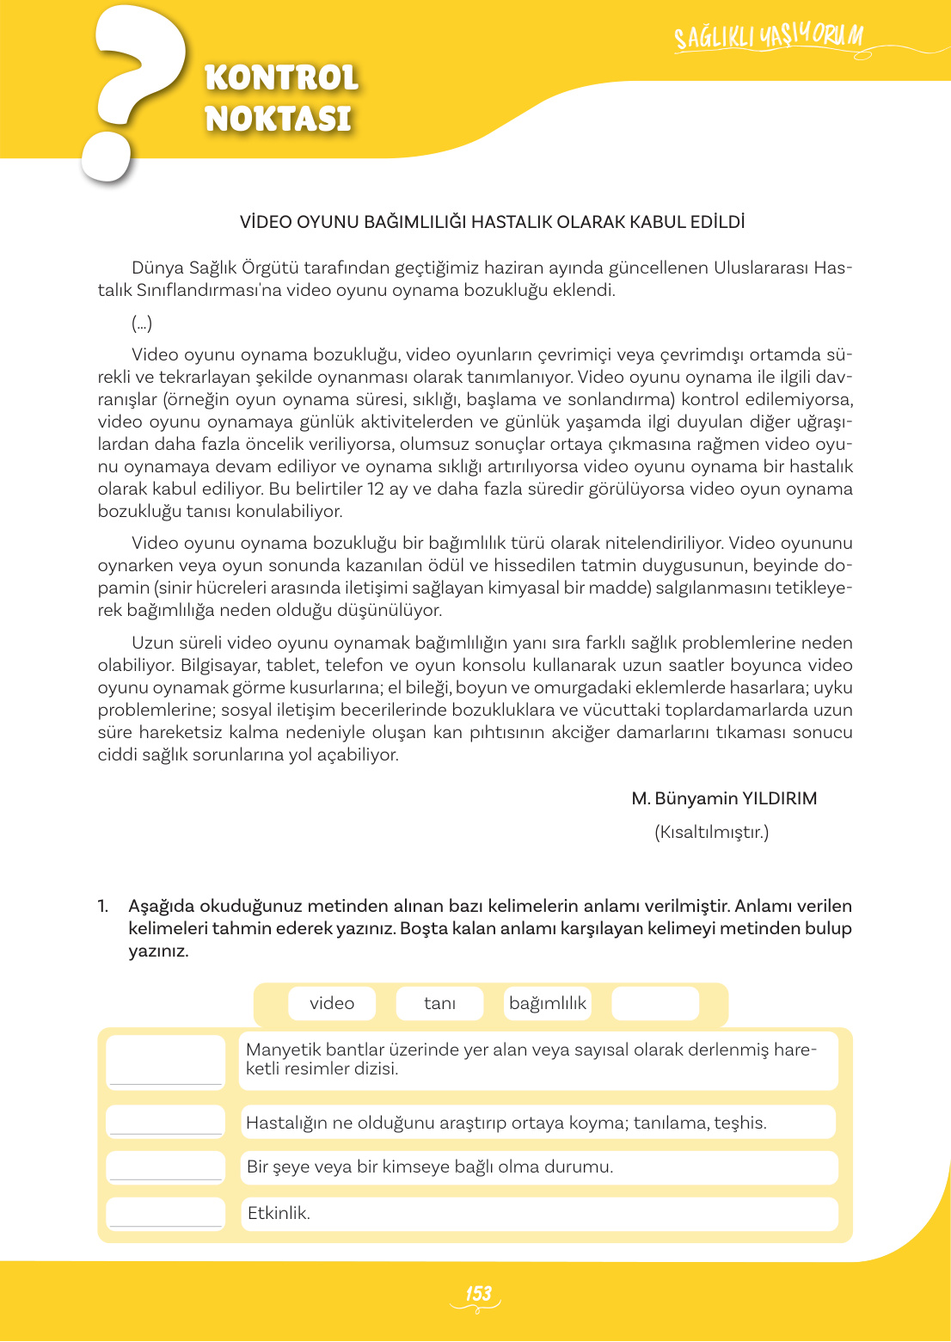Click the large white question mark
[129, 90]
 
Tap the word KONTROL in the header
[281, 78]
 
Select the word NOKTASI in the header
[278, 119]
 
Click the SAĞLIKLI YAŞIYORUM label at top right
[768, 37]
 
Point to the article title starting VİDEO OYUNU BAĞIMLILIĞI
[492, 222]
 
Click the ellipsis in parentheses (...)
[142, 323]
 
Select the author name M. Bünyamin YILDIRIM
[724, 798]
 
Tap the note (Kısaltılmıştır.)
[711, 832]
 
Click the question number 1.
[103, 906]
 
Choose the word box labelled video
[332, 1003]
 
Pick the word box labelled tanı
[439, 1003]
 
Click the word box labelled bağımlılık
[547, 1003]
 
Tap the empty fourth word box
[655, 1003]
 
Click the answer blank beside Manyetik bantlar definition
[166, 1061]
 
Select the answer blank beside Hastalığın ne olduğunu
[166, 1122]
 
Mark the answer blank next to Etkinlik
[166, 1213]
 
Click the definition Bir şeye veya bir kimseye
[430, 1167]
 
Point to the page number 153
[477, 1294]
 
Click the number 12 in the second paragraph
[376, 489]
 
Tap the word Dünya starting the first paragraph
[157, 268]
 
